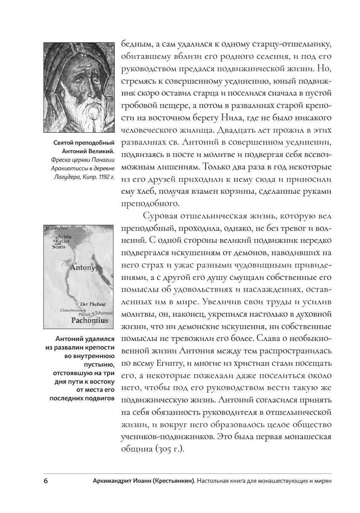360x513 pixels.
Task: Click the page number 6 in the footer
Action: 46,481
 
